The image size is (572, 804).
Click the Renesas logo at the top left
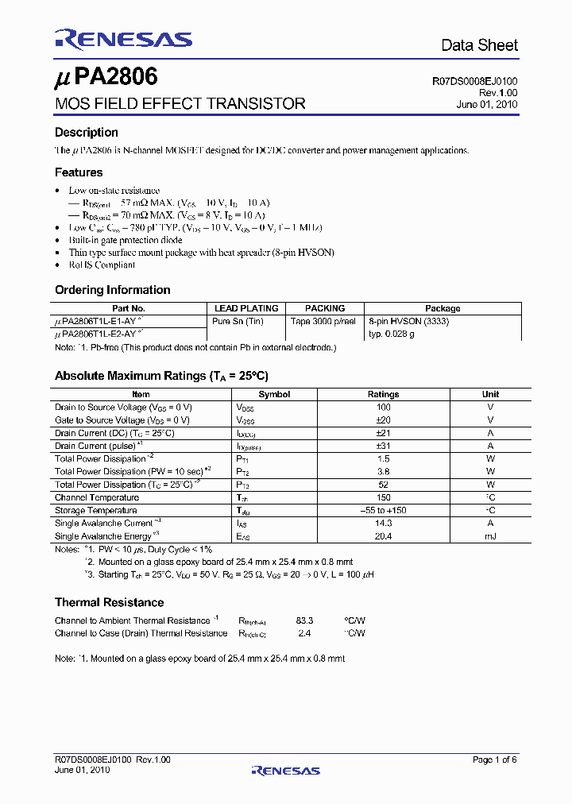click(123, 39)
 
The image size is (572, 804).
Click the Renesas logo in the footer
click(285, 770)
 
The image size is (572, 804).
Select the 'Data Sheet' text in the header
click(479, 45)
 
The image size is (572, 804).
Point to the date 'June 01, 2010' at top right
click(486, 104)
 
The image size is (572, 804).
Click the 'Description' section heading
click(86, 133)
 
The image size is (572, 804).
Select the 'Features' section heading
click(79, 172)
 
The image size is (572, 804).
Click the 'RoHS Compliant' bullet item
click(102, 265)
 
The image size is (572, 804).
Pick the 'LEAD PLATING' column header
click(246, 308)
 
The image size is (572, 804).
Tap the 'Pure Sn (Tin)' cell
click(238, 321)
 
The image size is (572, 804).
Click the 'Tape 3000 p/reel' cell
click(324, 321)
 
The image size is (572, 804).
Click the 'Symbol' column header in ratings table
click(274, 394)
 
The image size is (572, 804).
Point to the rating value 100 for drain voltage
click(383, 407)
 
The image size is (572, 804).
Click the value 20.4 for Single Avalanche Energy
click(383, 536)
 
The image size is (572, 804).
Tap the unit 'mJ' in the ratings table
click(490, 536)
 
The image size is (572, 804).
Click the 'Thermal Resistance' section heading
click(109, 602)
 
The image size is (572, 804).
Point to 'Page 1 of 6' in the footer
click(494, 760)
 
